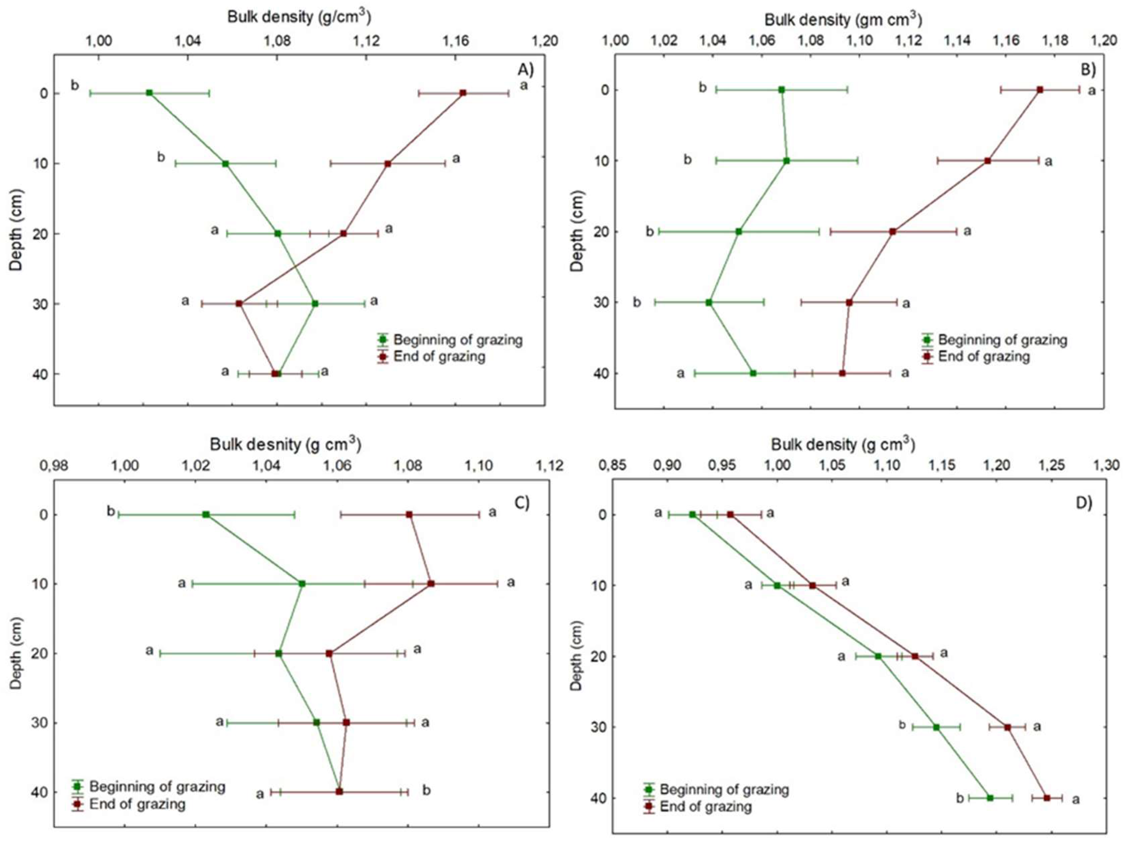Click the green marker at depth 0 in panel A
(149, 92)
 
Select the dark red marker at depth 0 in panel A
(463, 92)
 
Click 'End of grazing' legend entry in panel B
(983, 356)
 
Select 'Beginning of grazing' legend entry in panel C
(157, 786)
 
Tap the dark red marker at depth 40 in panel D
(1047, 798)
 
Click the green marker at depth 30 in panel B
(709, 302)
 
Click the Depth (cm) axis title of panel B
(577, 231)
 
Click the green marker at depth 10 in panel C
(302, 584)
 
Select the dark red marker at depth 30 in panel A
(239, 303)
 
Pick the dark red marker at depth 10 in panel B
(988, 161)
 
